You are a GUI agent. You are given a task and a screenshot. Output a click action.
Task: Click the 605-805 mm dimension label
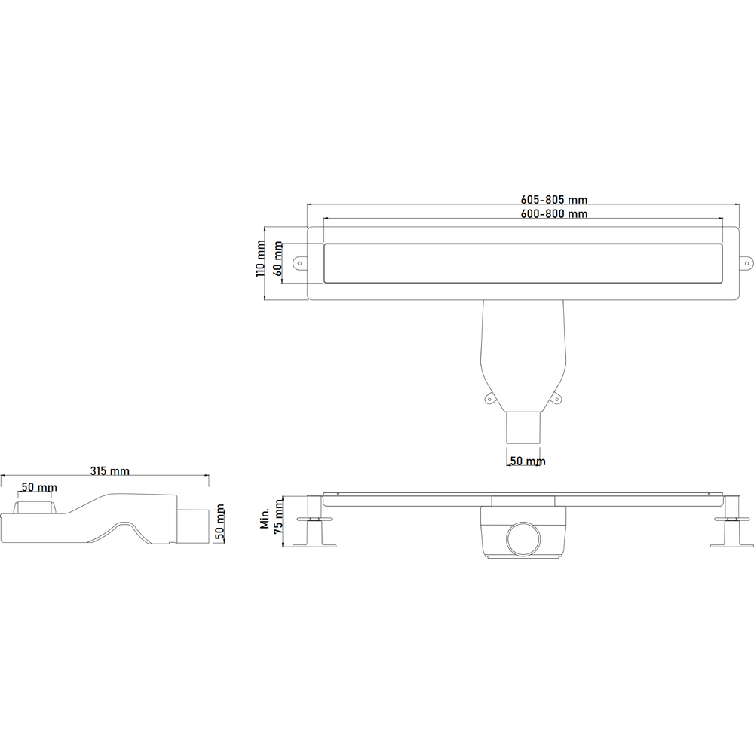[553, 200]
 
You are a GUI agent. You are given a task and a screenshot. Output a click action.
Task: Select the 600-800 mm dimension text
[553, 214]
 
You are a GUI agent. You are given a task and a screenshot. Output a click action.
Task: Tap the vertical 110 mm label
[260, 259]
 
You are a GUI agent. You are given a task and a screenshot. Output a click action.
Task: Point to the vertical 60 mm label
[277, 258]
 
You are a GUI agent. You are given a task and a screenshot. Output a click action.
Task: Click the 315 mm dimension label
[109, 471]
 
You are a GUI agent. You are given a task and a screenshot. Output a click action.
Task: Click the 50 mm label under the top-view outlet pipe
[526, 461]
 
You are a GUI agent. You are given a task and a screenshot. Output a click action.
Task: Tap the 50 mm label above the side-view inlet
[37, 487]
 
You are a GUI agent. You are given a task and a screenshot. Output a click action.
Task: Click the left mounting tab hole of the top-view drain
[299, 263]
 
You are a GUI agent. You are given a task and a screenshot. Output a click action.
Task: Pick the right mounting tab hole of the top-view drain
[748, 263]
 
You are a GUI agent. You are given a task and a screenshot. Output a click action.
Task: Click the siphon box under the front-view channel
[523, 532]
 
